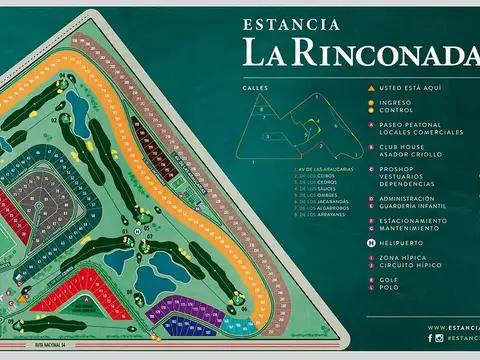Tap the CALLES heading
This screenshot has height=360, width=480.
pos(254,88)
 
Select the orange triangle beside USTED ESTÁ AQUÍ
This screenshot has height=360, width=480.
pos(371,88)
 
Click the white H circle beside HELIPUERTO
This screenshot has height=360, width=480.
pos(371,243)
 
